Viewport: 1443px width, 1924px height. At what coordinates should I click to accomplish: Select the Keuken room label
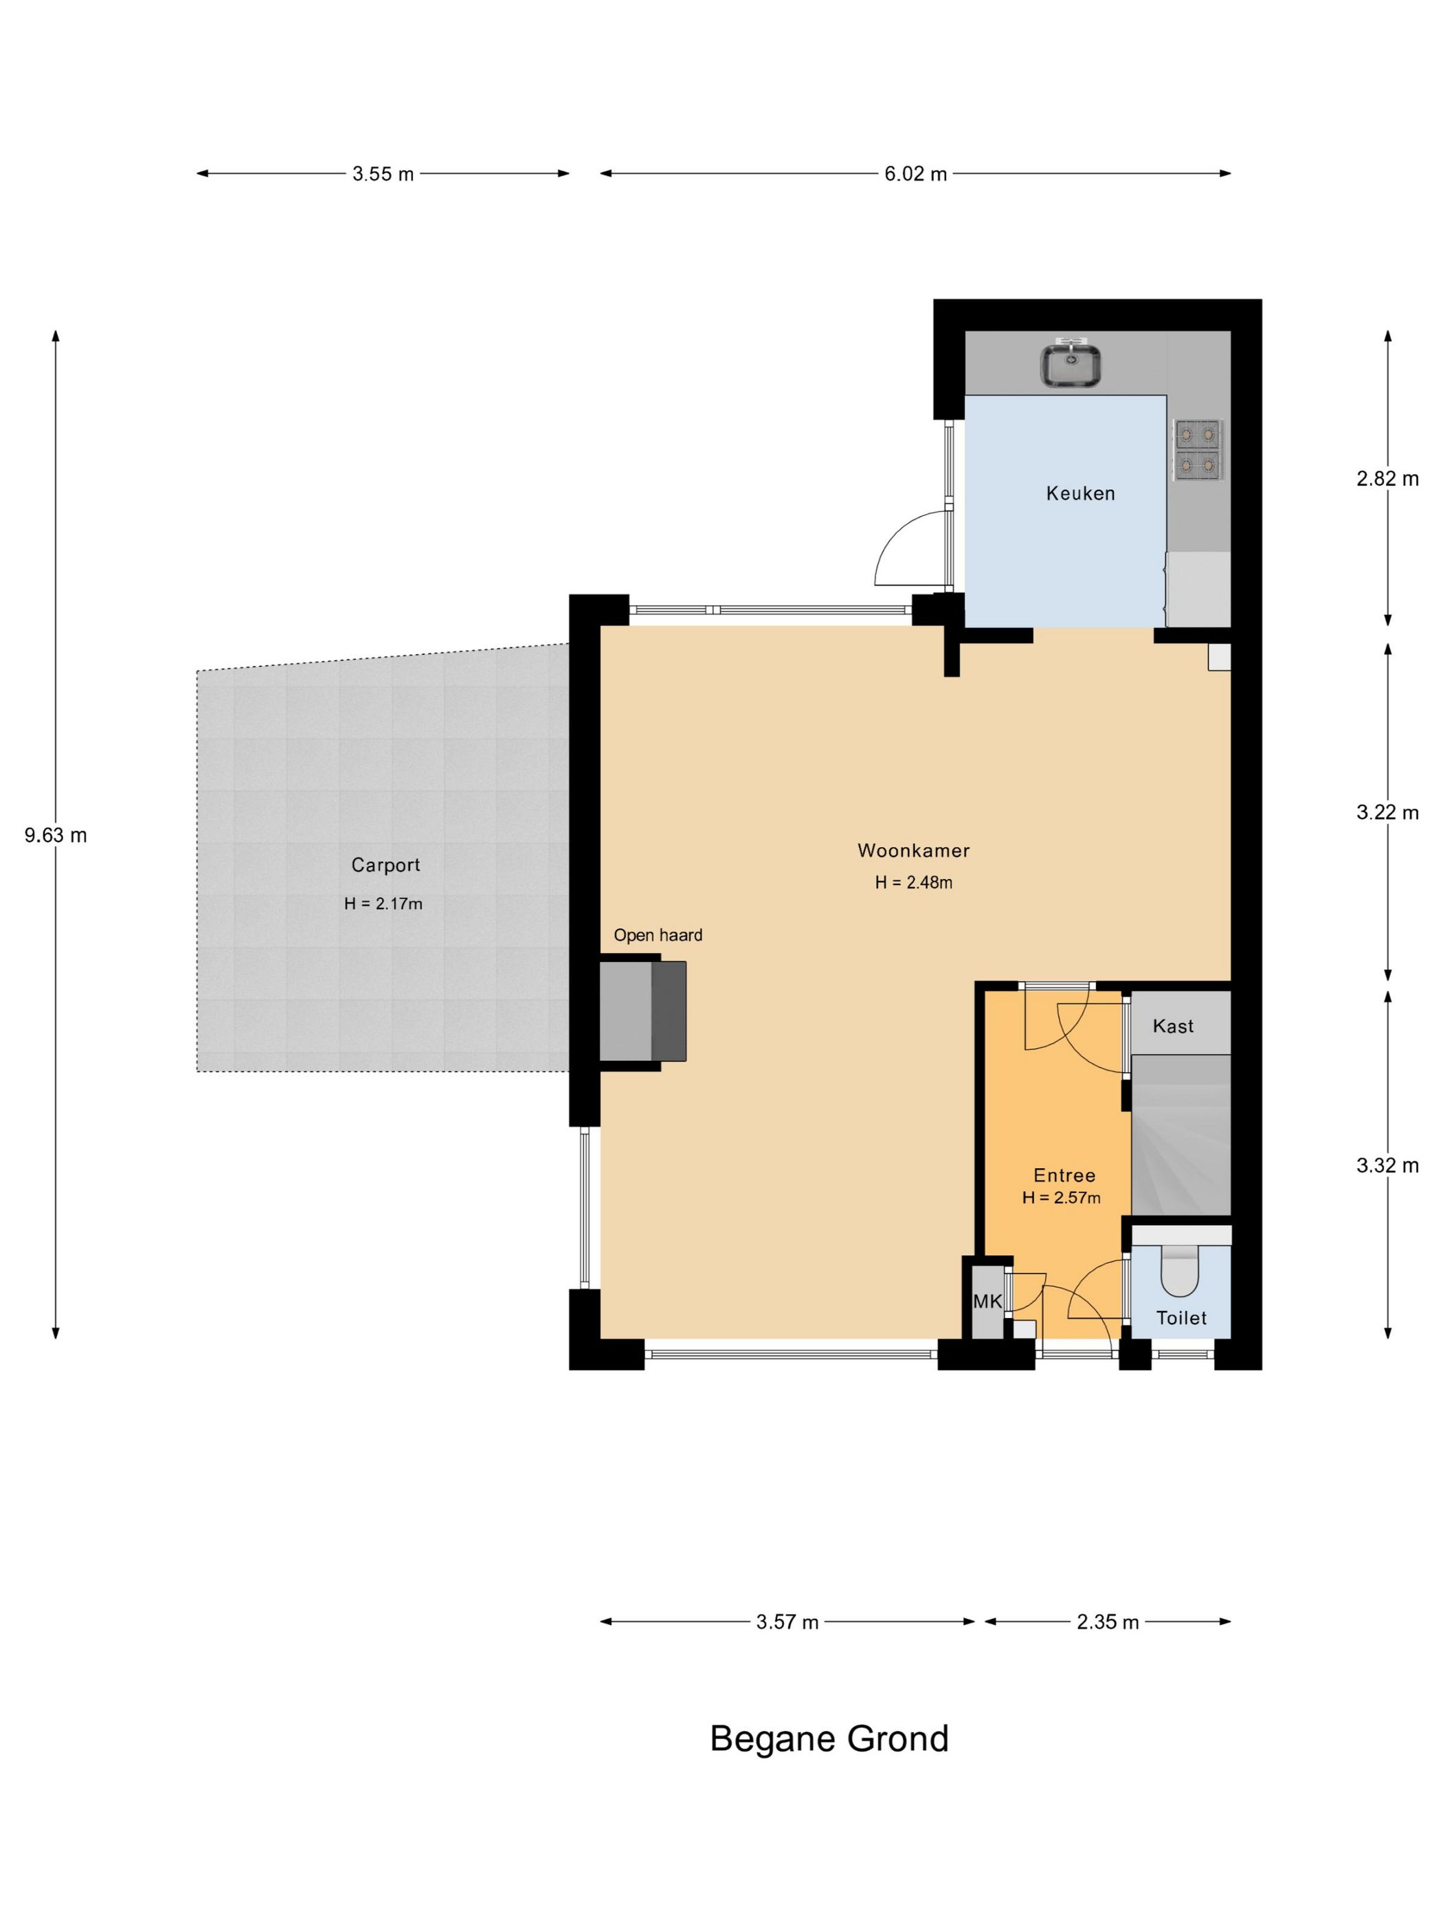point(1080,493)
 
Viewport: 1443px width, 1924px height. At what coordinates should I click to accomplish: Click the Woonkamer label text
point(913,851)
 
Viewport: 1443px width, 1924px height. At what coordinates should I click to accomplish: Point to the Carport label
point(385,865)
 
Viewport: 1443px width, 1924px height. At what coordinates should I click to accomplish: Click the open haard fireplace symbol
point(642,1011)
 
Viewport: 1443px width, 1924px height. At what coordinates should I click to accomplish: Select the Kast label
point(1174,1027)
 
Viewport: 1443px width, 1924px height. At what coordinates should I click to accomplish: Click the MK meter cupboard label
point(987,1302)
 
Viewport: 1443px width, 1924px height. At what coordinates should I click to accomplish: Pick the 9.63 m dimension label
point(56,836)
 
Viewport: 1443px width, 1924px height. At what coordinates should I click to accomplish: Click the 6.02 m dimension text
point(916,174)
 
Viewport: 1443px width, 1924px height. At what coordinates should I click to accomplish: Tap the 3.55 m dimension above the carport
point(383,174)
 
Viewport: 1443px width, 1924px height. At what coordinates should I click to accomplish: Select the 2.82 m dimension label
point(1387,478)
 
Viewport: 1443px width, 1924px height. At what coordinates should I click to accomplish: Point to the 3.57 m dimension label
point(787,1622)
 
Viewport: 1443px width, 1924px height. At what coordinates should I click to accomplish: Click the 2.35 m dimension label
point(1107,1622)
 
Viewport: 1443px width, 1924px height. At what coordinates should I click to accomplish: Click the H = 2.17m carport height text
point(383,904)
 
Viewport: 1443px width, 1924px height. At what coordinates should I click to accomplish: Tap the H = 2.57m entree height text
point(1061,1198)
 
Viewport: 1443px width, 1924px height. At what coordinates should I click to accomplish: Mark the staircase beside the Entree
point(1181,1135)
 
